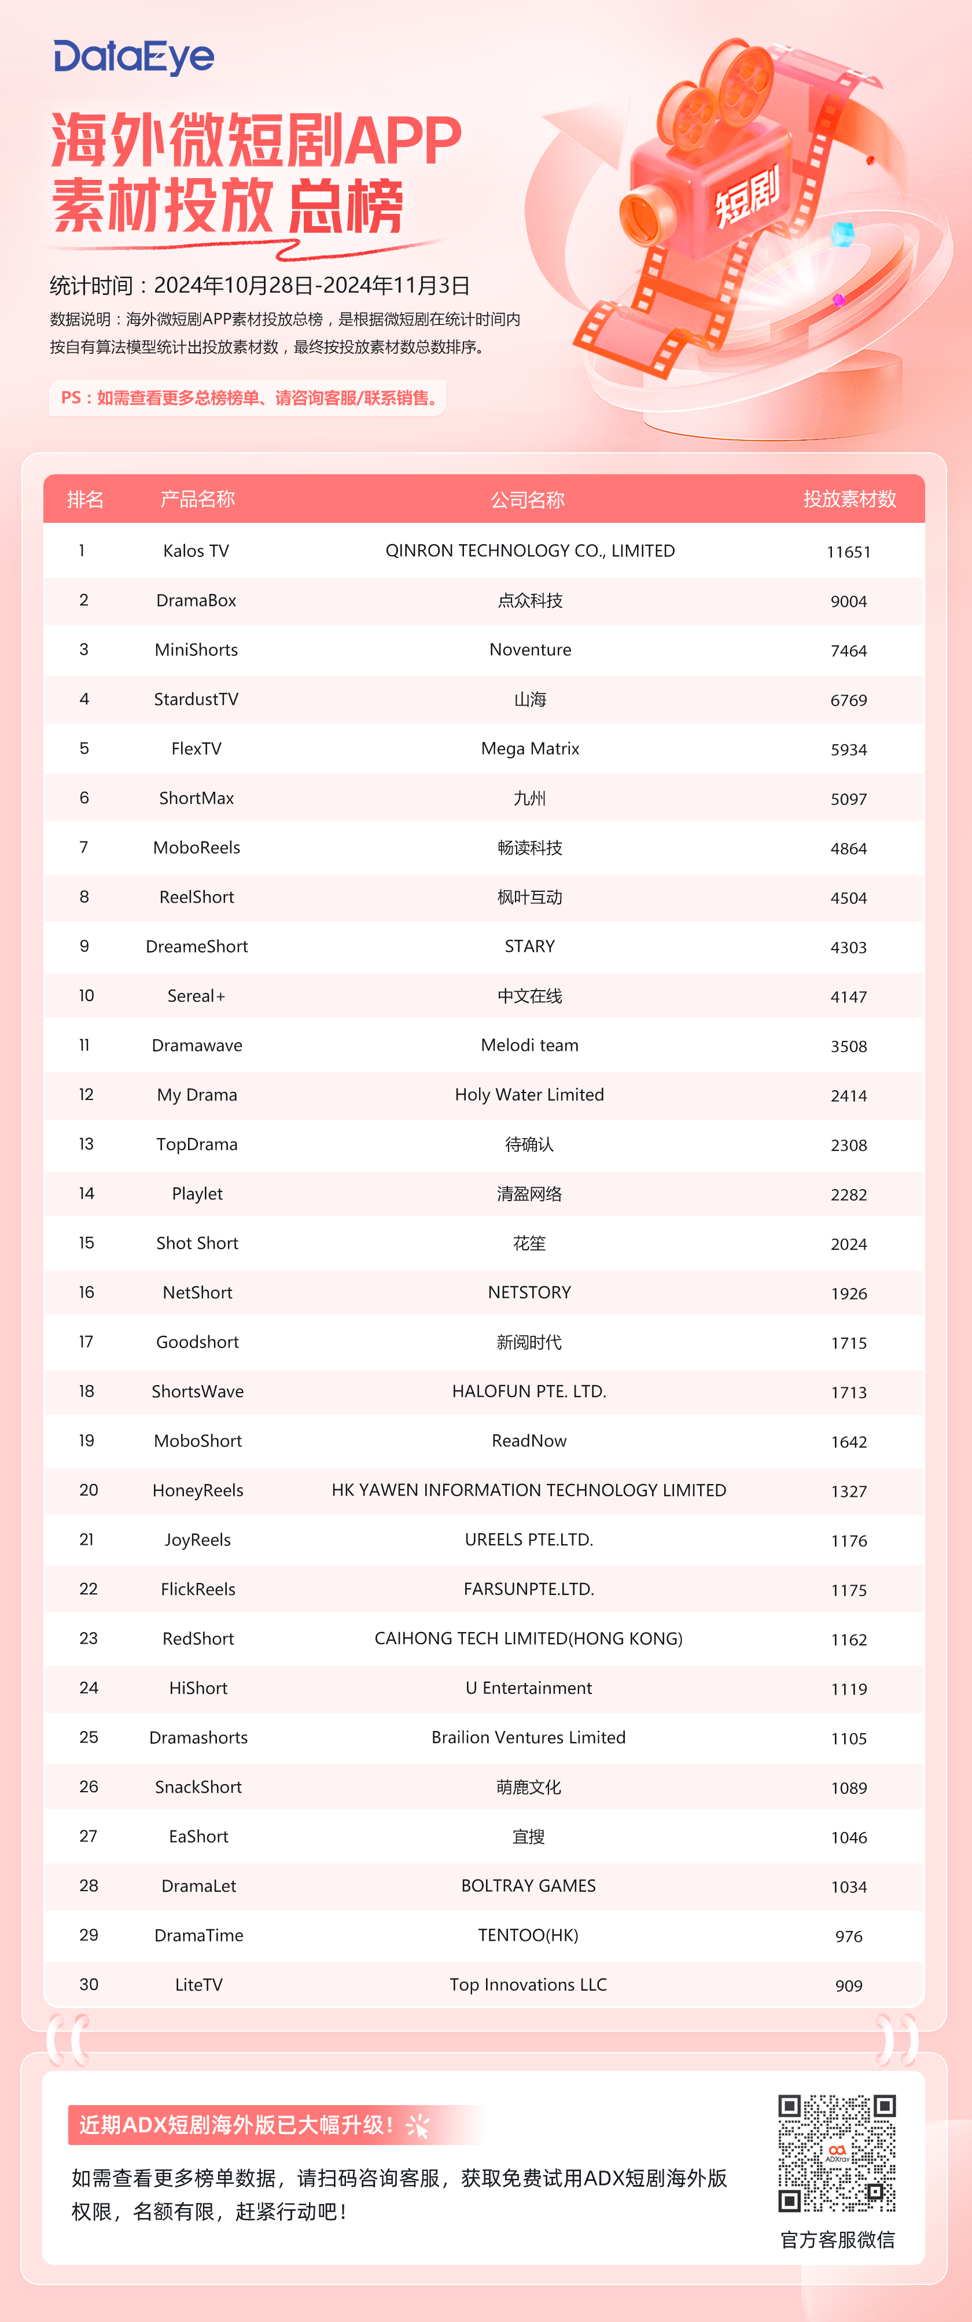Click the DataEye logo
click(x=134, y=58)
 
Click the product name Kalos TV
click(x=196, y=551)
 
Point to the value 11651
click(x=848, y=552)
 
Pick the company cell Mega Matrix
click(x=529, y=749)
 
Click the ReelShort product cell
click(x=197, y=897)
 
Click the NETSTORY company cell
click(x=529, y=1293)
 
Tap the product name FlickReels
click(x=197, y=1589)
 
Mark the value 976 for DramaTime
click(x=848, y=1936)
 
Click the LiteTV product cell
click(x=198, y=1985)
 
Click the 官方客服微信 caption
click(x=837, y=2240)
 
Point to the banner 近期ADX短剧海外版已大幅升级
click(x=236, y=2125)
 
